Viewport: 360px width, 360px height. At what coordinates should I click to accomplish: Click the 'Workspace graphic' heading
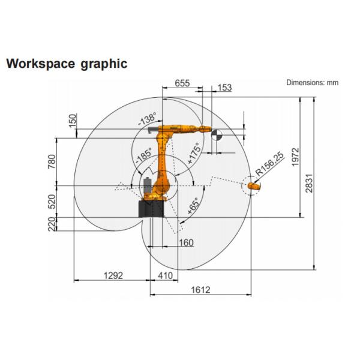[x=66, y=64]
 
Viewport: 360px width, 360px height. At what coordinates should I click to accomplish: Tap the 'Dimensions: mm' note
[x=312, y=83]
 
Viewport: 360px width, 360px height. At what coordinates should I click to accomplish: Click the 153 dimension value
[x=224, y=88]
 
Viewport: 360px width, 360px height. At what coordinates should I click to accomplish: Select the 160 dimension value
[x=186, y=242]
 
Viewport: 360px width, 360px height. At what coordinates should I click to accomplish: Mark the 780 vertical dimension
[x=52, y=163]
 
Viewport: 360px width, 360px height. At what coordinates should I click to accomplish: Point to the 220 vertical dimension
[x=52, y=224]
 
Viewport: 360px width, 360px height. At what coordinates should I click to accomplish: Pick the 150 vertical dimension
[x=73, y=120]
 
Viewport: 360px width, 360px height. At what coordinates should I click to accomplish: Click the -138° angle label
[x=148, y=119]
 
